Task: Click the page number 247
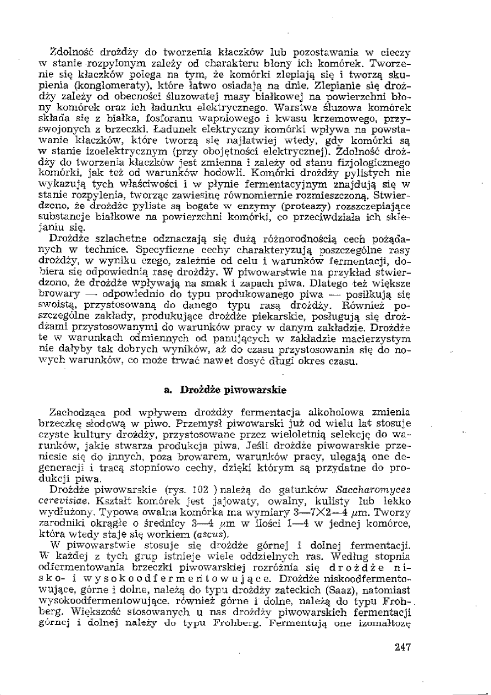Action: (402, 647)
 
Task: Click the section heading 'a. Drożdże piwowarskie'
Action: (225, 391)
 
